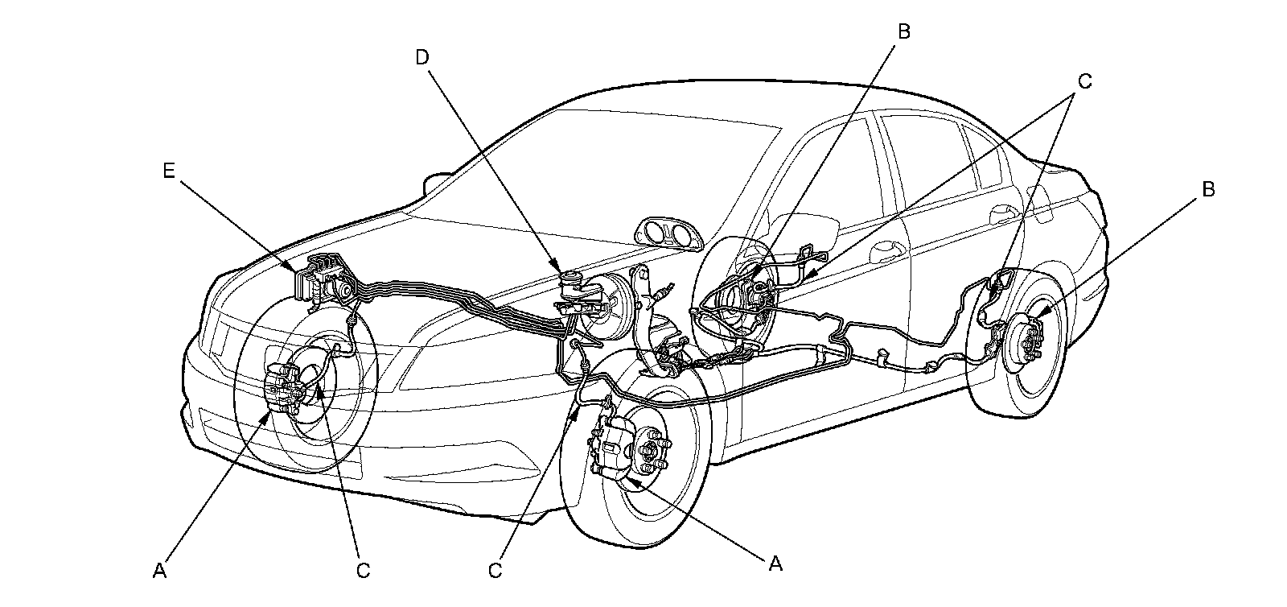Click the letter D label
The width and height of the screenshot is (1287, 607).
423,57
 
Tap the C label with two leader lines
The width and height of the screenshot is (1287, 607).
1084,81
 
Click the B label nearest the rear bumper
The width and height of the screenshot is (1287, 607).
1207,189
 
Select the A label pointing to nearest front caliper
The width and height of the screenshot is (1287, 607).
775,564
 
